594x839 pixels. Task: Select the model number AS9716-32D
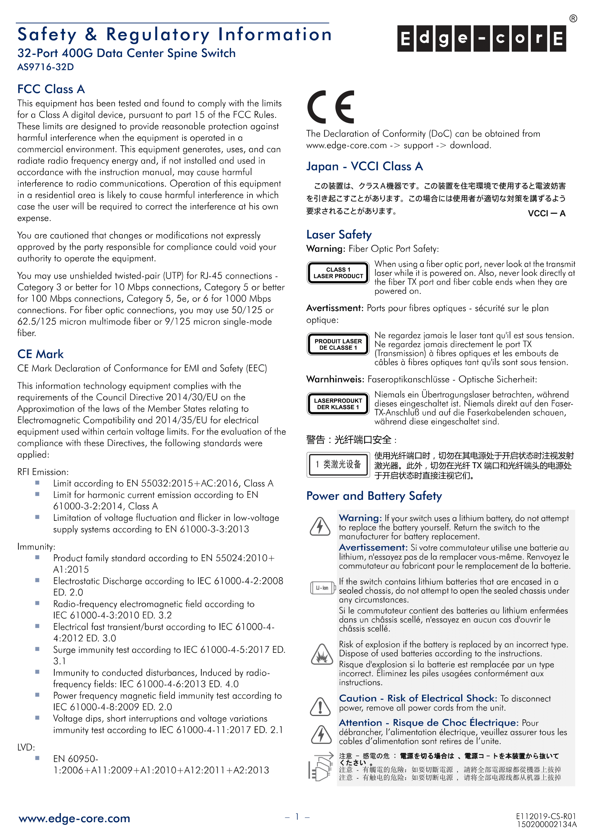pyautogui.click(x=46, y=67)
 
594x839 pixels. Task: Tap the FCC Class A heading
pyautogui.click(x=51, y=89)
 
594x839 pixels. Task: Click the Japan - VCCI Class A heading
pyautogui.click(x=364, y=166)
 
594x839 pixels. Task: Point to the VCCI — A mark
pyautogui.click(x=547, y=213)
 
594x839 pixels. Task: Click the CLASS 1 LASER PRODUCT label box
pyautogui.click(x=338, y=273)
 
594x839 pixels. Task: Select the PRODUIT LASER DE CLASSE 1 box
pyautogui.click(x=338, y=344)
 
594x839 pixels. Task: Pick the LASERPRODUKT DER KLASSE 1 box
pyautogui.click(x=338, y=404)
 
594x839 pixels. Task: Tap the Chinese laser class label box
pyautogui.click(x=338, y=465)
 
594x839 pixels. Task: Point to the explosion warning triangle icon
pyautogui.click(x=321, y=655)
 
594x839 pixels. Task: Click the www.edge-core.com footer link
pyautogui.click(x=74, y=818)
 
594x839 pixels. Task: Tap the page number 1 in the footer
pyautogui.click(x=297, y=816)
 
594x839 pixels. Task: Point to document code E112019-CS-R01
pyautogui.click(x=546, y=816)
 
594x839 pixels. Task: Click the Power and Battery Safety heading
pyautogui.click(x=374, y=496)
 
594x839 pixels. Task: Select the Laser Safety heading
pyautogui.click(x=339, y=235)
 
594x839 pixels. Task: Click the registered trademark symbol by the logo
pyautogui.click(x=573, y=19)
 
